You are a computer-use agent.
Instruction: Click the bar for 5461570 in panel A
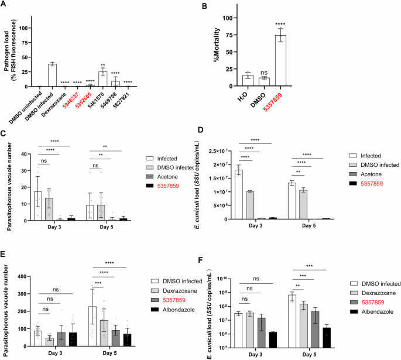tap(102, 79)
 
